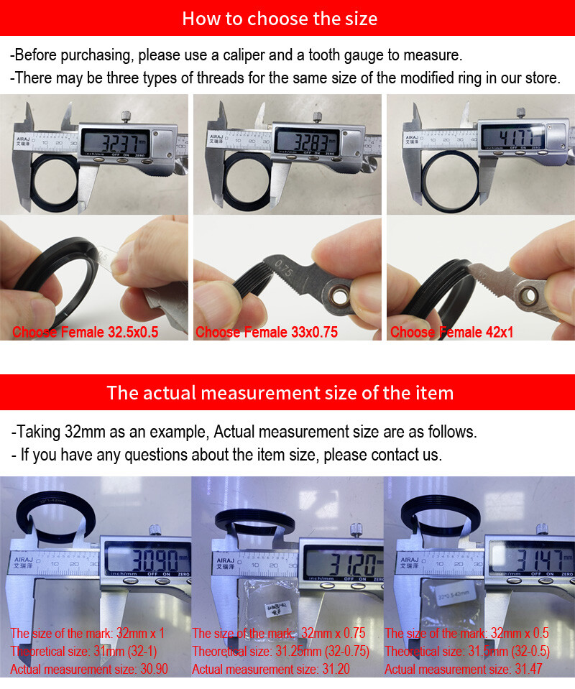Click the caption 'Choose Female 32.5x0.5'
(x=85, y=332)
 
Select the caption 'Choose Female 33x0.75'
(x=267, y=332)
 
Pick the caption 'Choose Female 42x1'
(x=451, y=332)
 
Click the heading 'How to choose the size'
(x=280, y=18)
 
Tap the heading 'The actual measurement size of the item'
(x=280, y=393)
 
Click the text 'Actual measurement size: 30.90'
(x=88, y=669)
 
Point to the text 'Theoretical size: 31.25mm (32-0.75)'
(x=280, y=651)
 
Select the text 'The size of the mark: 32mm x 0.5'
(x=466, y=633)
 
